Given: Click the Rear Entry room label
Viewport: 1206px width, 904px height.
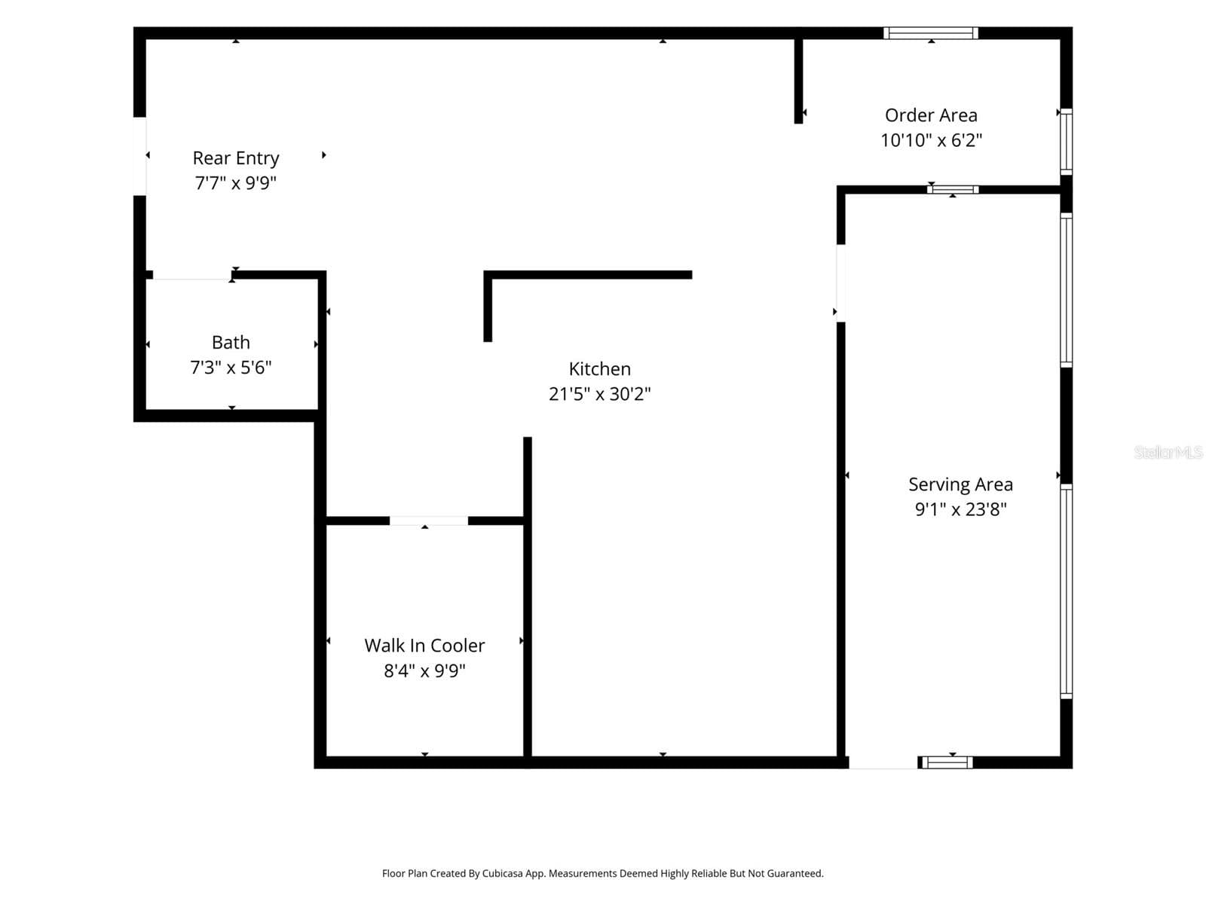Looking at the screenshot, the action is pyautogui.click(x=236, y=158).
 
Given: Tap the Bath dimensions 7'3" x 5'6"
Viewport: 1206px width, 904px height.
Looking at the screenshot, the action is pyautogui.click(x=231, y=367).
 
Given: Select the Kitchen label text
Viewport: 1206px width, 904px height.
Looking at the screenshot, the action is pyautogui.click(x=599, y=369).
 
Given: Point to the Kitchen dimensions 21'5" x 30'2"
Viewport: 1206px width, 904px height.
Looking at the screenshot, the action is pyautogui.click(x=599, y=393).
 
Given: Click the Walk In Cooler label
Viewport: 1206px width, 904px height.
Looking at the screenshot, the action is pyautogui.click(x=424, y=646).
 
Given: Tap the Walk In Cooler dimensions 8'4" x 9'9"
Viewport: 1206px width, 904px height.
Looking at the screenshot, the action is pyautogui.click(x=424, y=670).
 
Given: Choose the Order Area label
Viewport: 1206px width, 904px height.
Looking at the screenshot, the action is pyautogui.click(x=931, y=115).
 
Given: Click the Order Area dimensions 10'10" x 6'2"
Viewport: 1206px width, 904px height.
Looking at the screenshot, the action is pyautogui.click(x=931, y=140).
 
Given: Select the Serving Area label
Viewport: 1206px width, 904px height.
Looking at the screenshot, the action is pyautogui.click(x=960, y=484).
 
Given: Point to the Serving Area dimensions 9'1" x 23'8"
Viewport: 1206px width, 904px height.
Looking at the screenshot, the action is pyautogui.click(x=960, y=508).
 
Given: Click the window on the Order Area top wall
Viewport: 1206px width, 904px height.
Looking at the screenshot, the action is pyautogui.click(x=930, y=33).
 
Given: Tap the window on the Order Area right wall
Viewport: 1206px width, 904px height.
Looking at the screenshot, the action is pyautogui.click(x=1066, y=142).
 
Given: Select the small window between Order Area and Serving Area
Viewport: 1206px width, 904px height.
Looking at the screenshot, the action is pyautogui.click(x=953, y=190).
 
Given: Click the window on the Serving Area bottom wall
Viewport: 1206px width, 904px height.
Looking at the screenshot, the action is pyautogui.click(x=947, y=762).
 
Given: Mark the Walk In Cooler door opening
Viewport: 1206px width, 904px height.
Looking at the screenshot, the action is pyautogui.click(x=429, y=521).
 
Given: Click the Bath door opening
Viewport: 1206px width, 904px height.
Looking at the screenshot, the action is pyautogui.click(x=191, y=275).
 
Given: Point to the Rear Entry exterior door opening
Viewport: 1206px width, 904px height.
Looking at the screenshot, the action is pyautogui.click(x=139, y=156).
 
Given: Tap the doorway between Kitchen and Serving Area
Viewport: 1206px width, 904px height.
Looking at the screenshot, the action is pyautogui.click(x=840, y=283).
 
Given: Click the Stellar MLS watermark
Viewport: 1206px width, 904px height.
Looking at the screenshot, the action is pyautogui.click(x=1168, y=452).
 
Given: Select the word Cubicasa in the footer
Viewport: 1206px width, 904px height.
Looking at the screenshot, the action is pyautogui.click(x=502, y=873).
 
